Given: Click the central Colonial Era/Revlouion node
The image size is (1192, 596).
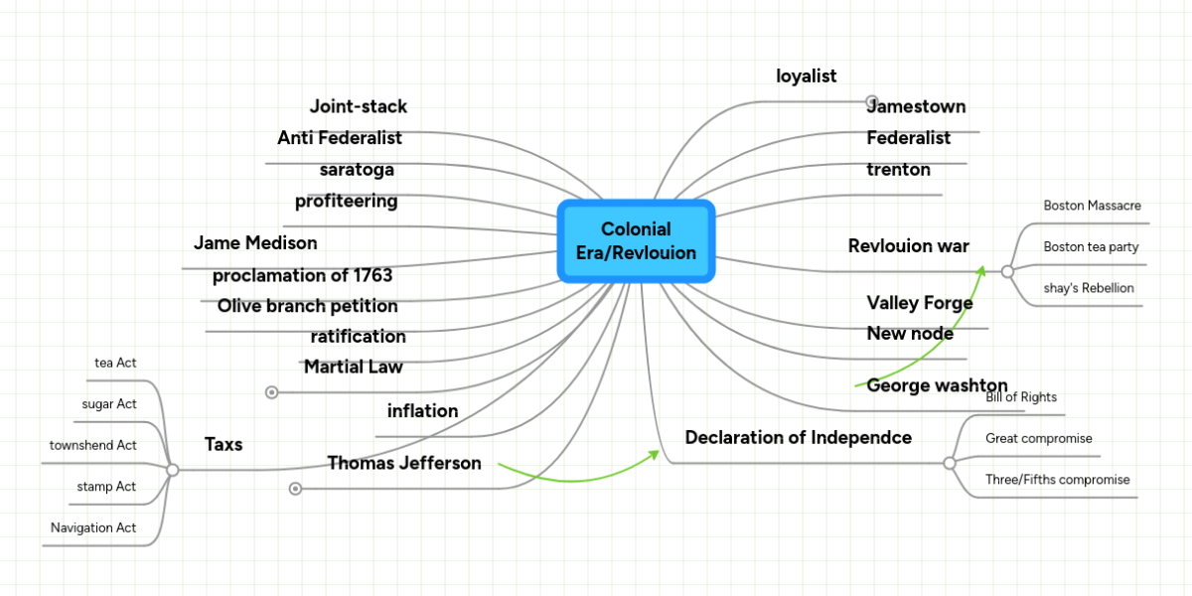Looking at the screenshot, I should click(x=636, y=241).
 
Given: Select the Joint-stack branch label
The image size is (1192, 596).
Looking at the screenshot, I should click(x=358, y=106).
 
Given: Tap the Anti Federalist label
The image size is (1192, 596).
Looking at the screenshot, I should click(x=340, y=138).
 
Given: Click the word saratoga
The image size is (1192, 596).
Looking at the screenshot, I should click(x=357, y=170).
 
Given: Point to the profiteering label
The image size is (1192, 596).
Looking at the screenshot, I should click(x=346, y=202).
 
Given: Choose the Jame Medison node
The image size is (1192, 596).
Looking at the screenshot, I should click(x=255, y=243).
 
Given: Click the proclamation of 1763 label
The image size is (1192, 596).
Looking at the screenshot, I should click(x=302, y=275).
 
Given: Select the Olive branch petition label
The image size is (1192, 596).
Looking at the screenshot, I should click(x=307, y=306).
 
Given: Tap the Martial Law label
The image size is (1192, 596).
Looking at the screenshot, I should click(x=353, y=368).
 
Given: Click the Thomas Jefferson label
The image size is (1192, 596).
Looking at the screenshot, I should click(x=404, y=463).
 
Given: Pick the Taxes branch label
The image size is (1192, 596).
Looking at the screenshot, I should click(x=223, y=444).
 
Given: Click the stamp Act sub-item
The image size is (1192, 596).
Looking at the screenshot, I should click(x=106, y=487).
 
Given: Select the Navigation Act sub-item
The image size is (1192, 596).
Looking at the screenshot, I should click(x=93, y=527).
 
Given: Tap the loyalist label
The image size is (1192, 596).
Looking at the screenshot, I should click(x=806, y=75).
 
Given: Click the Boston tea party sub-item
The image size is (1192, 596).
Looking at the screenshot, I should click(x=1091, y=246).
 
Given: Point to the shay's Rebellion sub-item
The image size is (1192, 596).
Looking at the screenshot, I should click(x=1088, y=288).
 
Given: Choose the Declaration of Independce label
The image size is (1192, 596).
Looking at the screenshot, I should click(x=798, y=438).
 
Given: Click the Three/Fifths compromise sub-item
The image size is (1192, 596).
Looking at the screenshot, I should click(x=1057, y=480).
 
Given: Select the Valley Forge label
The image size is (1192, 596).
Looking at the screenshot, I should click(x=919, y=303).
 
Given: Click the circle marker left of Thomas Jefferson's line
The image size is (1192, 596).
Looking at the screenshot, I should click(x=295, y=488).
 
